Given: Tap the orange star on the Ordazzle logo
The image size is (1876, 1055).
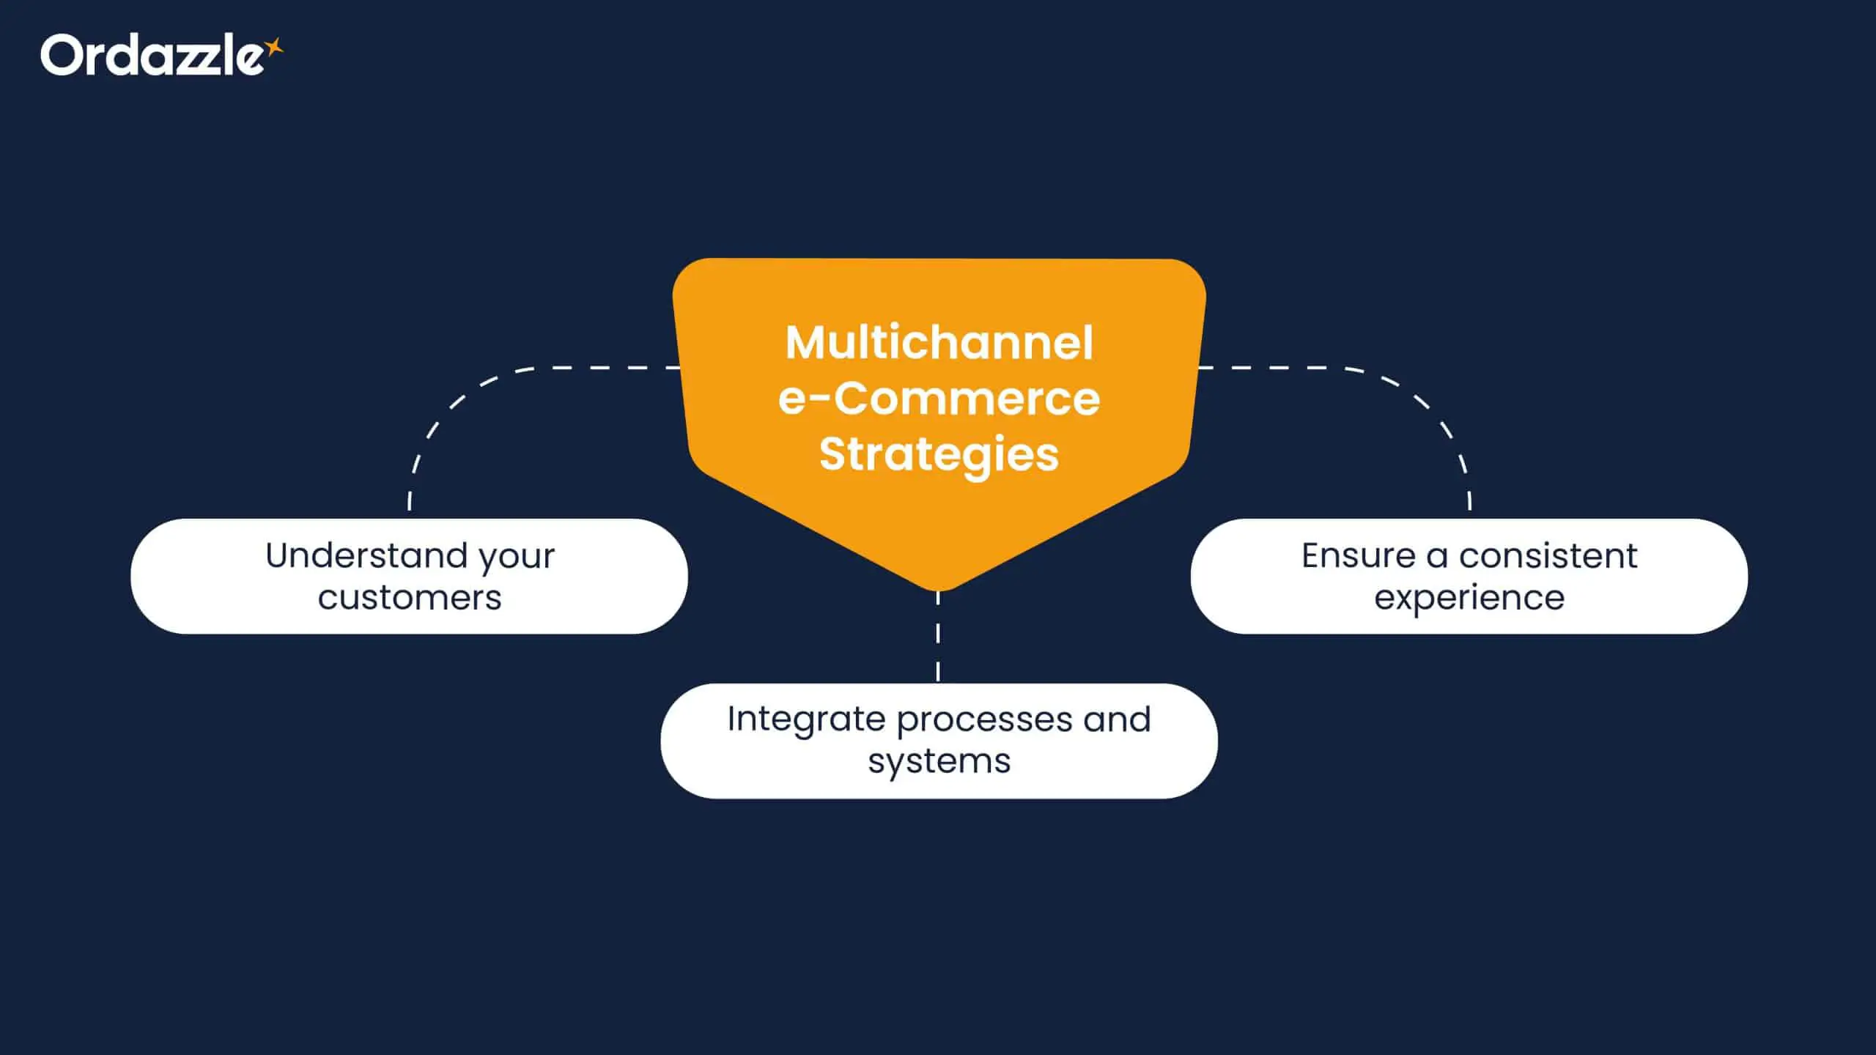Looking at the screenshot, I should pos(274,48).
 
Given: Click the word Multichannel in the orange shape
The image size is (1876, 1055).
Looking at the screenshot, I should pos(939,343).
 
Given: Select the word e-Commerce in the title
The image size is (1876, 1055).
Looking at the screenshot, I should pos(939,399).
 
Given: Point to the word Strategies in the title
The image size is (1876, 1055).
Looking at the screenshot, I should pos(939,454).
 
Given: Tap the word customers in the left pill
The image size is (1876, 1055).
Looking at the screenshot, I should pos(410,598).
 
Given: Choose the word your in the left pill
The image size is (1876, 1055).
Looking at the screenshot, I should pos(517,557).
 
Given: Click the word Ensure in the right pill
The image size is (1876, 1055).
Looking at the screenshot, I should pos(1358,555).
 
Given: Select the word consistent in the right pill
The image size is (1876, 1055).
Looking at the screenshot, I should pos(1548,555).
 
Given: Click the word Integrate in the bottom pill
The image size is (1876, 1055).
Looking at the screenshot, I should pos(805,719).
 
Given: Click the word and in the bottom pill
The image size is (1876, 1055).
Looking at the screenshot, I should pos(1117,719).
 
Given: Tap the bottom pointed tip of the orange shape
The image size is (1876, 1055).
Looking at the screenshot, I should pos(938,585).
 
